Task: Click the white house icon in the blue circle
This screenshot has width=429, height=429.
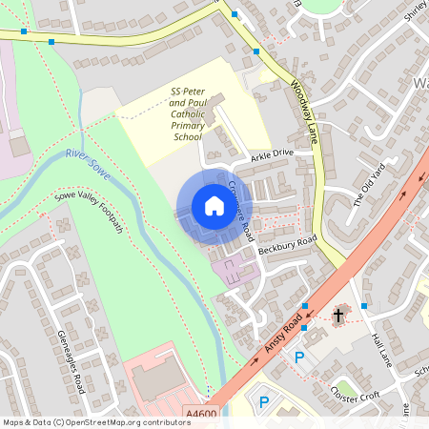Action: pos(214,206)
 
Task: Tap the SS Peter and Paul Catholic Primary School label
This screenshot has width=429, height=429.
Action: pos(188,114)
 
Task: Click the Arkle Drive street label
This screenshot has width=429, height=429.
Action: pos(274,153)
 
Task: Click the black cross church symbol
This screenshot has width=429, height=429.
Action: pos(337,315)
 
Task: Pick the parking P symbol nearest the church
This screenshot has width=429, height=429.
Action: pos(299,358)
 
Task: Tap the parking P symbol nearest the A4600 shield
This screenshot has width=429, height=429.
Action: pos(264,403)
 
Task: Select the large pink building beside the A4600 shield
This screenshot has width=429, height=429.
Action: pos(157,381)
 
